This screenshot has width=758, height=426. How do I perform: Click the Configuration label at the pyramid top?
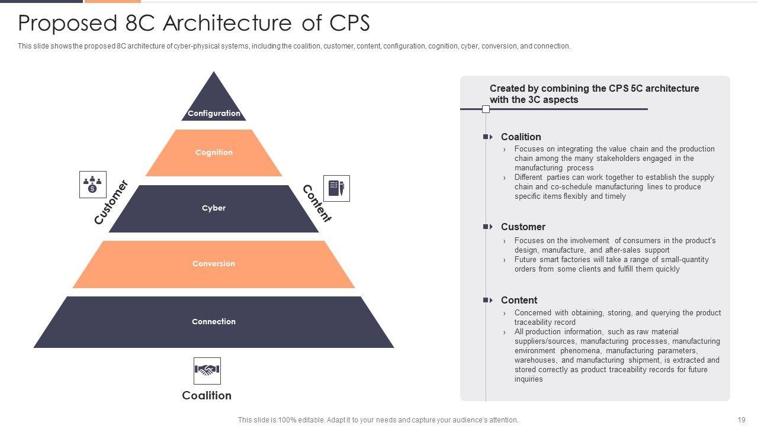[214, 113]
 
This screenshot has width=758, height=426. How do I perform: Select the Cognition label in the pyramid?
[214, 152]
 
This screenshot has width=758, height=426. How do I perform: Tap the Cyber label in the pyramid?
[214, 208]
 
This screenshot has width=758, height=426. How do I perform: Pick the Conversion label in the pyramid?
[214, 263]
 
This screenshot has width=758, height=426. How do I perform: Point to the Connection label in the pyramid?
[214, 321]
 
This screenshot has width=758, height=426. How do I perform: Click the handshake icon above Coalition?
[207, 371]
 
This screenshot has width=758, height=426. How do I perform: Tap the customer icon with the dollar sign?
[93, 184]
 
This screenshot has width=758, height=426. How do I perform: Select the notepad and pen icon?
[336, 188]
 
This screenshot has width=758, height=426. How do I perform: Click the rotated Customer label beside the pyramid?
[111, 202]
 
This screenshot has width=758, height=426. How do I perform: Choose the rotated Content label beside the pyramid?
[317, 203]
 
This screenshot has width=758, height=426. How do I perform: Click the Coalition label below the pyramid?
[207, 395]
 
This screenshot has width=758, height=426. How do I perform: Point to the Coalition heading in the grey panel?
[521, 137]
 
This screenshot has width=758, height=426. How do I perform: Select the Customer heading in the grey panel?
[523, 227]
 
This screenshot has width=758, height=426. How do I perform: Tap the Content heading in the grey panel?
[519, 300]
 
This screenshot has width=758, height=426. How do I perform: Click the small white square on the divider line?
[486, 109]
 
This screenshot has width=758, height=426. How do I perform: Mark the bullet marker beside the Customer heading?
[487, 227]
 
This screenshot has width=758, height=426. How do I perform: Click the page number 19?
[741, 419]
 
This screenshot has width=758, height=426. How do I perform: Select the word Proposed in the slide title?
[68, 24]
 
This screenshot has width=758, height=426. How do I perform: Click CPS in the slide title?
[349, 23]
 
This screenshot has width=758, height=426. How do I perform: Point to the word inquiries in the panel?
[529, 379]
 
